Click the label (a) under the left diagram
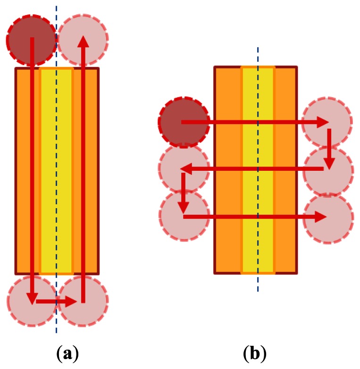coord(67,353)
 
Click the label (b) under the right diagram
coord(255,353)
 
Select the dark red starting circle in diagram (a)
coord(31,40)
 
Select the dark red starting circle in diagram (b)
coord(184,122)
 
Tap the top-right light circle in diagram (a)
coord(83,39)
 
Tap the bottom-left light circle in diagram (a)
coord(32,301)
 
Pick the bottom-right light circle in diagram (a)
coord(84,301)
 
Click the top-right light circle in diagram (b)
coord(327,122)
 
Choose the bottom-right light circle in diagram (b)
coord(328,218)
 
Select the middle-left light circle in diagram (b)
coord(184,168)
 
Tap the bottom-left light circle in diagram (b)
coord(184,216)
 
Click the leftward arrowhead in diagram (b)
coord(185,168)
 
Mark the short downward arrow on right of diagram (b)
coord(329,149)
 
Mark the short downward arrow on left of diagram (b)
coord(184,193)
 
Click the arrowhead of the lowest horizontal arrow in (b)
coord(321,217)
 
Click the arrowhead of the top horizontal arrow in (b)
coord(323,122)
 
